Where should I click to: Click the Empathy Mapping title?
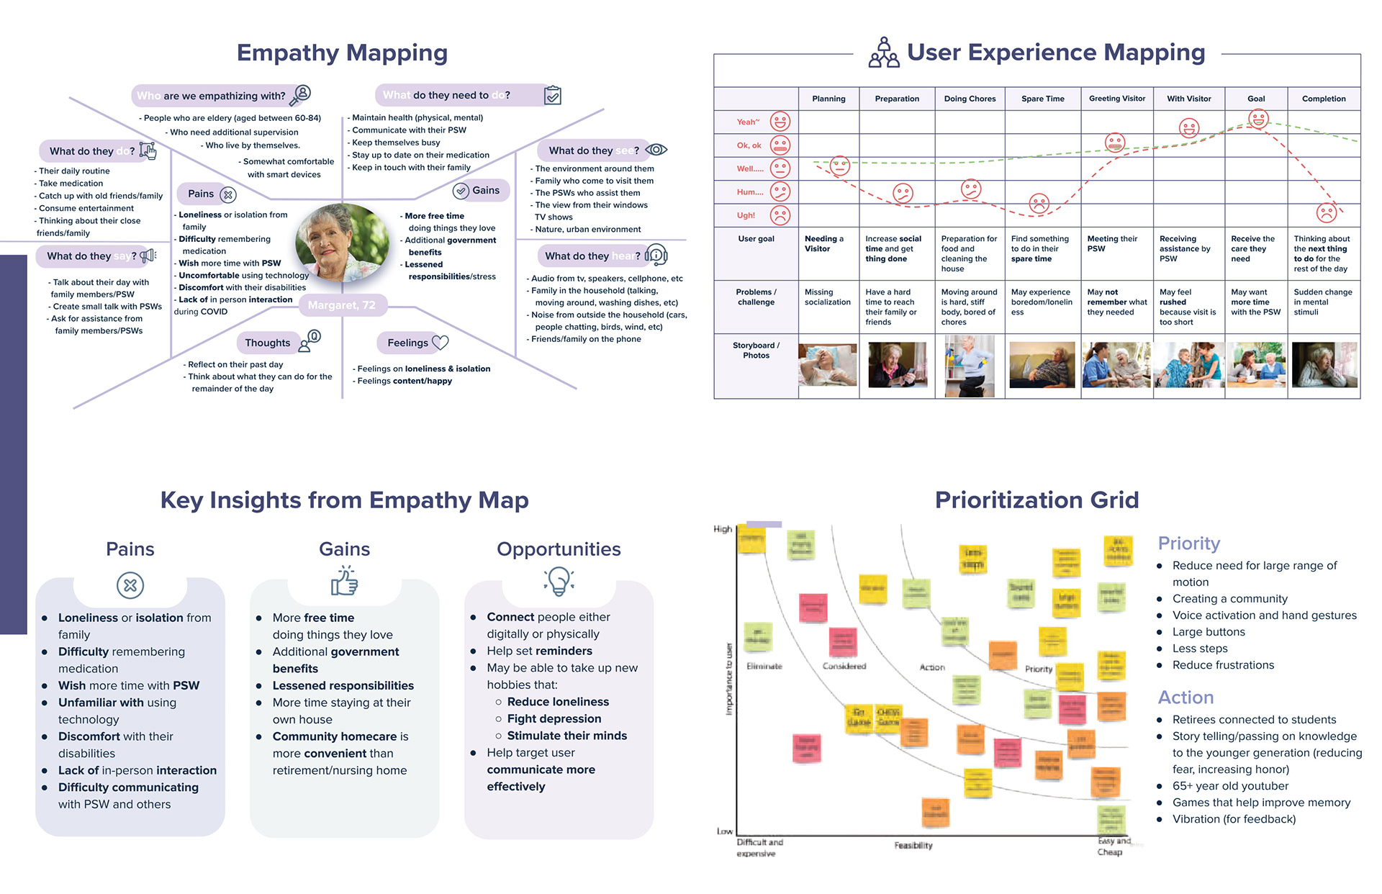click(342, 53)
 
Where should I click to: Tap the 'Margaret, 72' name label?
click(342, 305)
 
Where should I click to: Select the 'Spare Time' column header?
click(1042, 99)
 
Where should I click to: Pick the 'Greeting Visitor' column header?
click(1117, 99)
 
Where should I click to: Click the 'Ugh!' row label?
click(746, 215)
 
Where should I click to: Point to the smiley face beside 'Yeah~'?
click(780, 122)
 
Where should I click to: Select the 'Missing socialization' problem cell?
click(827, 297)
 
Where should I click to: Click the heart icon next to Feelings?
click(440, 343)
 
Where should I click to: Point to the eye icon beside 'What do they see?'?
click(656, 150)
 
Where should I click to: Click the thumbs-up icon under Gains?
click(345, 581)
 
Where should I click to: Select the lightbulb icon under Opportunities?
click(559, 581)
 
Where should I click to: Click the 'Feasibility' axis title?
click(913, 845)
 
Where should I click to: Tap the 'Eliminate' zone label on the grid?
click(764, 667)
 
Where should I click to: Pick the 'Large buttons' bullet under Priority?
click(1209, 632)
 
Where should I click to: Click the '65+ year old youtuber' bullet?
click(1230, 786)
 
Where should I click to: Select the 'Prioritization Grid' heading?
click(1036, 500)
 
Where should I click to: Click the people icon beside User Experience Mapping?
click(883, 53)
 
